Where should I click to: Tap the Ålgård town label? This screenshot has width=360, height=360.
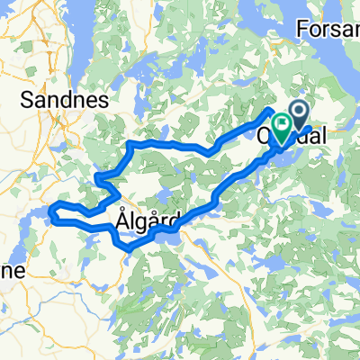pyautogui.click(x=149, y=219)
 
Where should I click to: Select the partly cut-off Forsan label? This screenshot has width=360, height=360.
pyautogui.click(x=328, y=29)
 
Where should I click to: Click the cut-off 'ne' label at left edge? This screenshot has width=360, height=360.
pyautogui.click(x=11, y=270)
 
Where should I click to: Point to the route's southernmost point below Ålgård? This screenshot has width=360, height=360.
pyautogui.click(x=129, y=247)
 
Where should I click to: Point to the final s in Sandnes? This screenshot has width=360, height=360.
pyautogui.click(x=103, y=98)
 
